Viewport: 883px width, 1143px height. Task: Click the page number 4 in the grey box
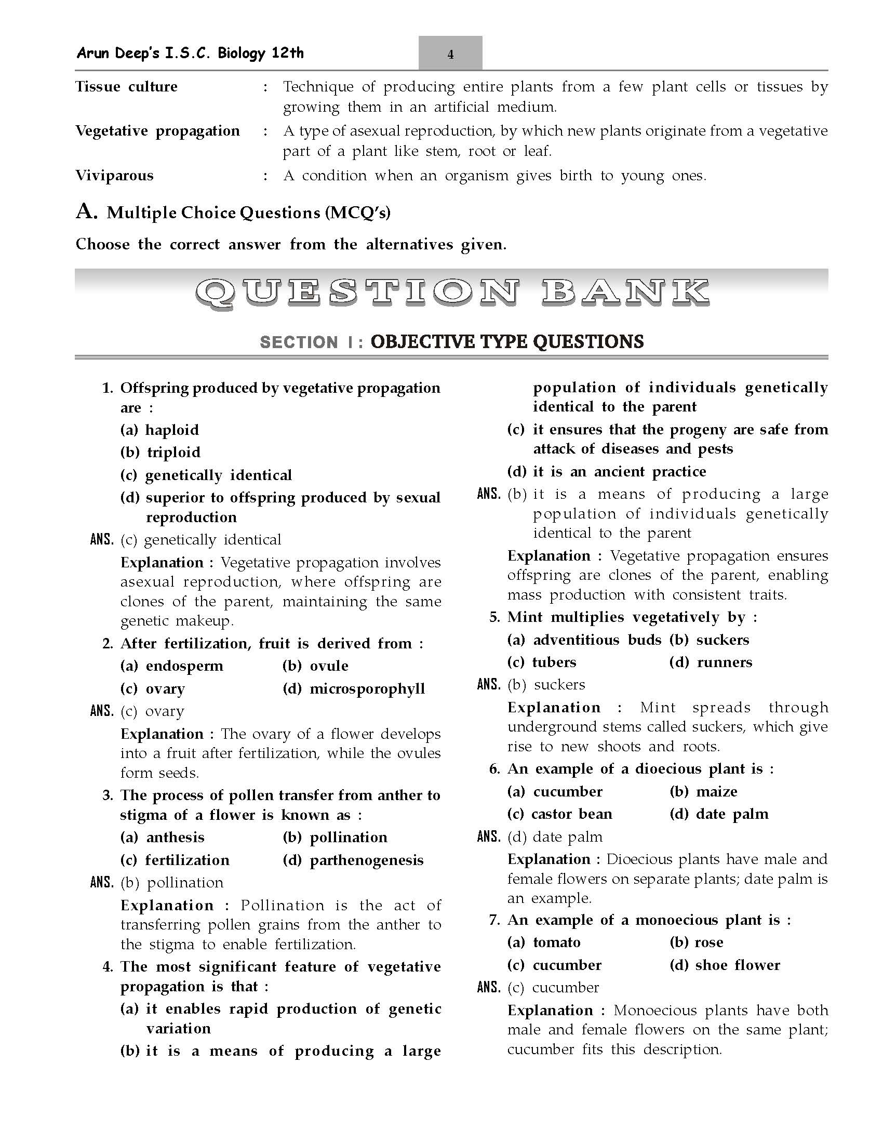click(x=450, y=54)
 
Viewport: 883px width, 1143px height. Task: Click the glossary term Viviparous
click(x=114, y=175)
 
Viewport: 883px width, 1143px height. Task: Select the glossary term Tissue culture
click(x=126, y=86)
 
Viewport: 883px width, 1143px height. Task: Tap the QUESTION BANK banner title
click(x=451, y=293)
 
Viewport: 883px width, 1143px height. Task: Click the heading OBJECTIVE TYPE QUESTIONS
click(x=507, y=342)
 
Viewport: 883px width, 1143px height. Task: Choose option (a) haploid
click(x=159, y=430)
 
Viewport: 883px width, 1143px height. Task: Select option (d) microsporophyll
click(x=354, y=689)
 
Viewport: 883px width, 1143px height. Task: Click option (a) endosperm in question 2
click(x=171, y=666)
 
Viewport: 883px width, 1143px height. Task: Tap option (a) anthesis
click(x=162, y=838)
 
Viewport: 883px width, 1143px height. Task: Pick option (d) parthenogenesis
click(x=353, y=860)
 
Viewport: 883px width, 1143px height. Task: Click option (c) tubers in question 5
click(x=541, y=662)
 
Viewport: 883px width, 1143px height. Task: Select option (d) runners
click(x=711, y=662)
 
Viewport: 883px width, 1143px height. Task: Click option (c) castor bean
click(x=559, y=814)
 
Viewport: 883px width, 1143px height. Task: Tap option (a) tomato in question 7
click(x=543, y=942)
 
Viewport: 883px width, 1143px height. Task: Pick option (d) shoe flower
click(x=725, y=965)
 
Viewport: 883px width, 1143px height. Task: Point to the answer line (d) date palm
click(x=555, y=837)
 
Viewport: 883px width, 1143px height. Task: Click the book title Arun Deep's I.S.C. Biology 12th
click(x=190, y=53)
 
